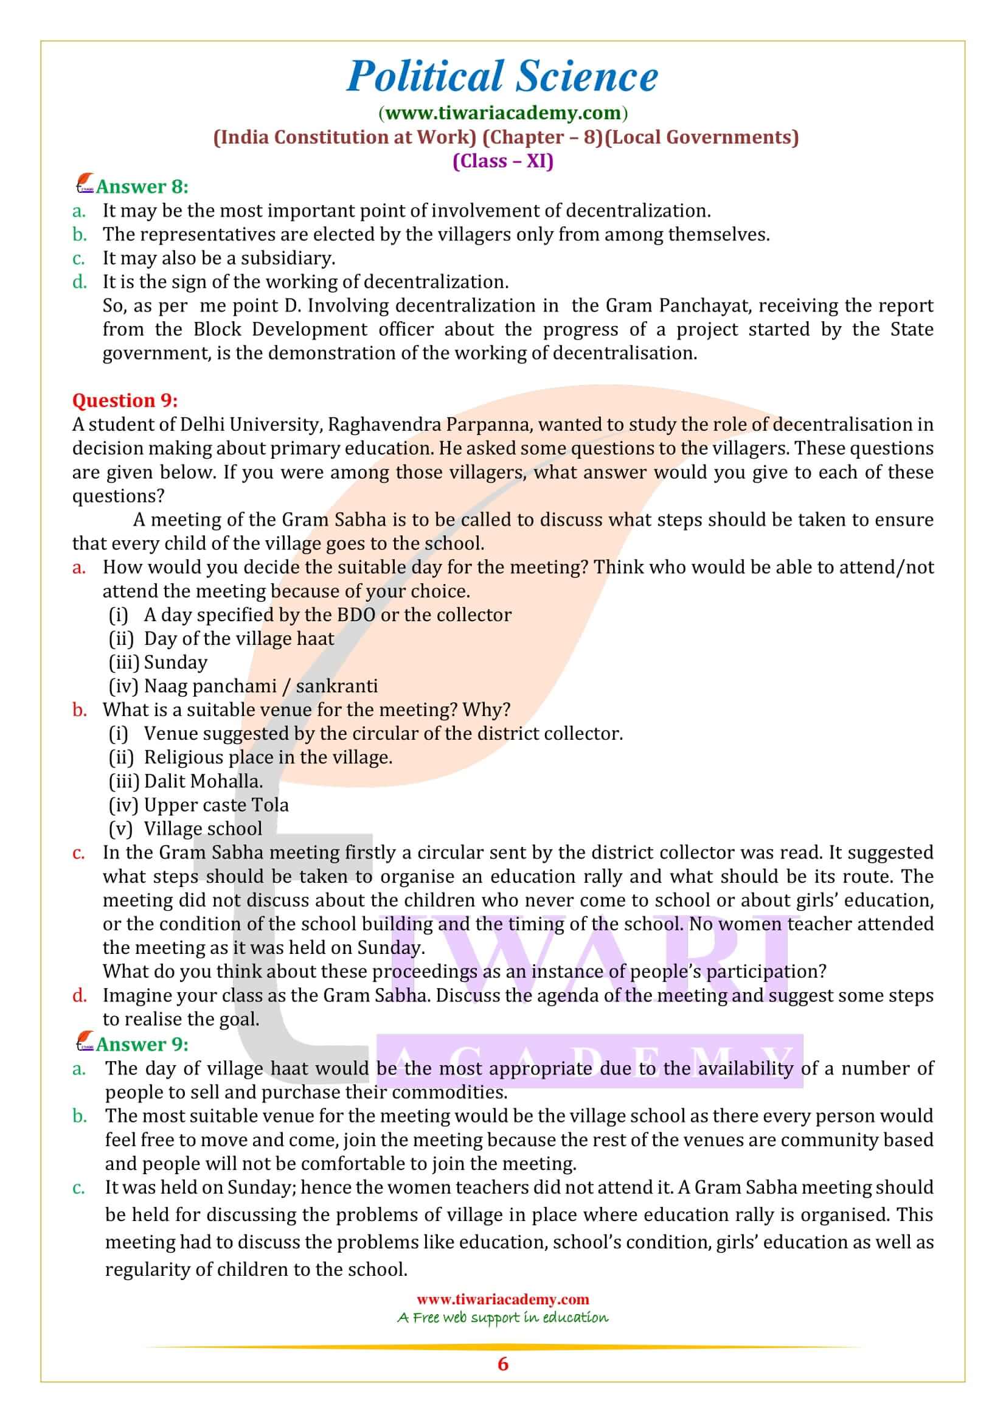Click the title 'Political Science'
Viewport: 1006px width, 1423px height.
coord(502,77)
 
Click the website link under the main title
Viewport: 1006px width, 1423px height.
coord(502,113)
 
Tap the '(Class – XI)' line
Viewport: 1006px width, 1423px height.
coord(502,161)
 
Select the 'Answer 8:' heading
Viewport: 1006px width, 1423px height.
coord(142,187)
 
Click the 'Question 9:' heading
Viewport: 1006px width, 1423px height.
coord(125,400)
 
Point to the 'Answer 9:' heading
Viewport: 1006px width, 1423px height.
coord(142,1045)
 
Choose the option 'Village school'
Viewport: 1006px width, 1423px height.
coord(203,829)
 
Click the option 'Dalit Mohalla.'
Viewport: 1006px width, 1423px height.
coord(203,781)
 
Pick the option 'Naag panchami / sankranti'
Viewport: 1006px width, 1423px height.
coord(260,686)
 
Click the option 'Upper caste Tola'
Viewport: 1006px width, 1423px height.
coord(216,805)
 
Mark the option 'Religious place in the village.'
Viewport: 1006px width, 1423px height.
coord(268,757)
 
